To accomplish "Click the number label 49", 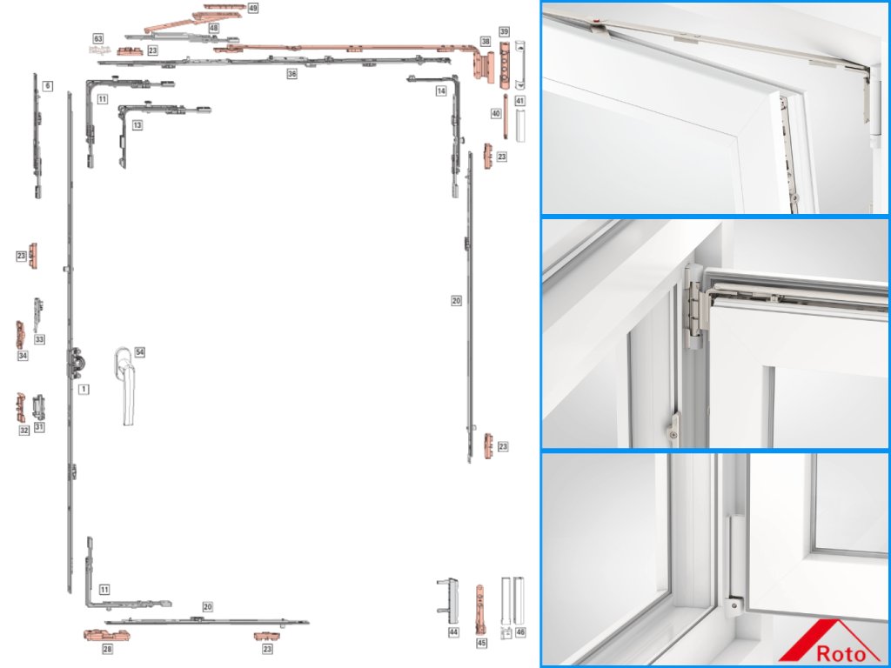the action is pyautogui.click(x=252, y=7).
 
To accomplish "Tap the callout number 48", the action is pyautogui.click(x=213, y=28).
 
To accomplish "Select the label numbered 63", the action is pyautogui.click(x=98, y=39).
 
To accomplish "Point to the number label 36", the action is pyautogui.click(x=292, y=75).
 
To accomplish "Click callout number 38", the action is pyautogui.click(x=486, y=41).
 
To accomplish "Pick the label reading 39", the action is pyautogui.click(x=504, y=31).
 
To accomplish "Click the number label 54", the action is pyautogui.click(x=139, y=352).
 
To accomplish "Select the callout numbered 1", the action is pyautogui.click(x=84, y=389).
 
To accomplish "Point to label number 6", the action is pyautogui.click(x=47, y=85).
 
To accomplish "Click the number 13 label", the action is pyautogui.click(x=137, y=125).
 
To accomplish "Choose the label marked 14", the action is pyautogui.click(x=441, y=90).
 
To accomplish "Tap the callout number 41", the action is pyautogui.click(x=519, y=101).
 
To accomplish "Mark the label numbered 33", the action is pyautogui.click(x=39, y=338).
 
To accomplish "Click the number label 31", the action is pyautogui.click(x=39, y=427).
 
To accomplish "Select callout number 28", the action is pyautogui.click(x=107, y=649).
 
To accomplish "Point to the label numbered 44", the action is pyautogui.click(x=453, y=632).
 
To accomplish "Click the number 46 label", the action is pyautogui.click(x=520, y=631).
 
